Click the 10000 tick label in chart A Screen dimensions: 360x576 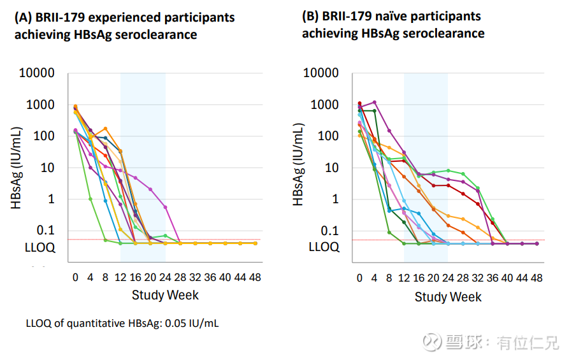point(36,73)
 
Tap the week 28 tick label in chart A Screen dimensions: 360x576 point(180,277)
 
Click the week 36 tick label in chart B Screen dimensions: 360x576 point(493,278)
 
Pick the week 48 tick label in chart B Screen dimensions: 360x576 point(537,278)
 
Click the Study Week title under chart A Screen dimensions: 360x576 point(165,295)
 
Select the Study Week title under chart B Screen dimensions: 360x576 point(448,297)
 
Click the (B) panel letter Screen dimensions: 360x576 point(312,16)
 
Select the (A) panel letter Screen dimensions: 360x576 point(24,17)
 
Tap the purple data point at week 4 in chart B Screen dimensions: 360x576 point(374,102)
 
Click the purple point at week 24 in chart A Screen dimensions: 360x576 point(165,207)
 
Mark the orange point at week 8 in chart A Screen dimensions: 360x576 point(105,129)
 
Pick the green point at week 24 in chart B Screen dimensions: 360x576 point(448,171)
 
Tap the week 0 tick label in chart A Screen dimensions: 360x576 point(75,277)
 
